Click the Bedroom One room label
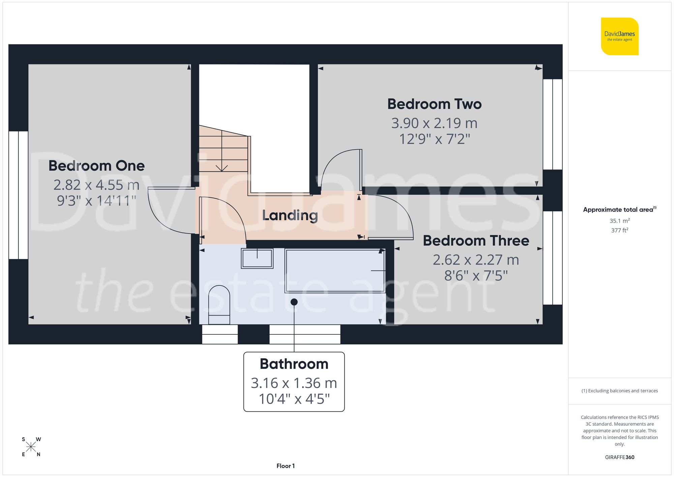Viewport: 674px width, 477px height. [x=96, y=166]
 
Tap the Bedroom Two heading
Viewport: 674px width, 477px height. [x=434, y=104]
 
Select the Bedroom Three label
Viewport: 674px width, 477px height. [x=476, y=241]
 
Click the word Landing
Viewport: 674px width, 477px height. [x=290, y=215]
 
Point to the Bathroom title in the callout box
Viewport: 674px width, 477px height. [x=294, y=364]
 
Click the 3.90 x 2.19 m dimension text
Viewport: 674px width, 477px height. [x=434, y=123]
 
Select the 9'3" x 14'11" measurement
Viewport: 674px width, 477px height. [x=96, y=201]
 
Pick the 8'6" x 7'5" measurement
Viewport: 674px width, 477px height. [x=476, y=276]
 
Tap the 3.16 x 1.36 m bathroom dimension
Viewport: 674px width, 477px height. [x=294, y=383]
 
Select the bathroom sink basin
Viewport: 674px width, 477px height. [x=257, y=259]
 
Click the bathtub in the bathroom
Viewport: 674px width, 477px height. [x=335, y=271]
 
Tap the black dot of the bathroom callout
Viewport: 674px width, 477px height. [x=294, y=302]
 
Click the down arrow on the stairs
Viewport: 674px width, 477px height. [x=222, y=168]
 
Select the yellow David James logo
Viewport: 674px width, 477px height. [x=619, y=36]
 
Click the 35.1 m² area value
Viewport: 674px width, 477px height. [x=619, y=221]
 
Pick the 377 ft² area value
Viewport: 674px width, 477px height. [x=619, y=231]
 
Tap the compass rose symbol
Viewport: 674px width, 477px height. [x=31, y=447]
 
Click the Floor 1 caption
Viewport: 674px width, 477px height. [x=285, y=466]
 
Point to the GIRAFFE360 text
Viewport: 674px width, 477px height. [x=619, y=457]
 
